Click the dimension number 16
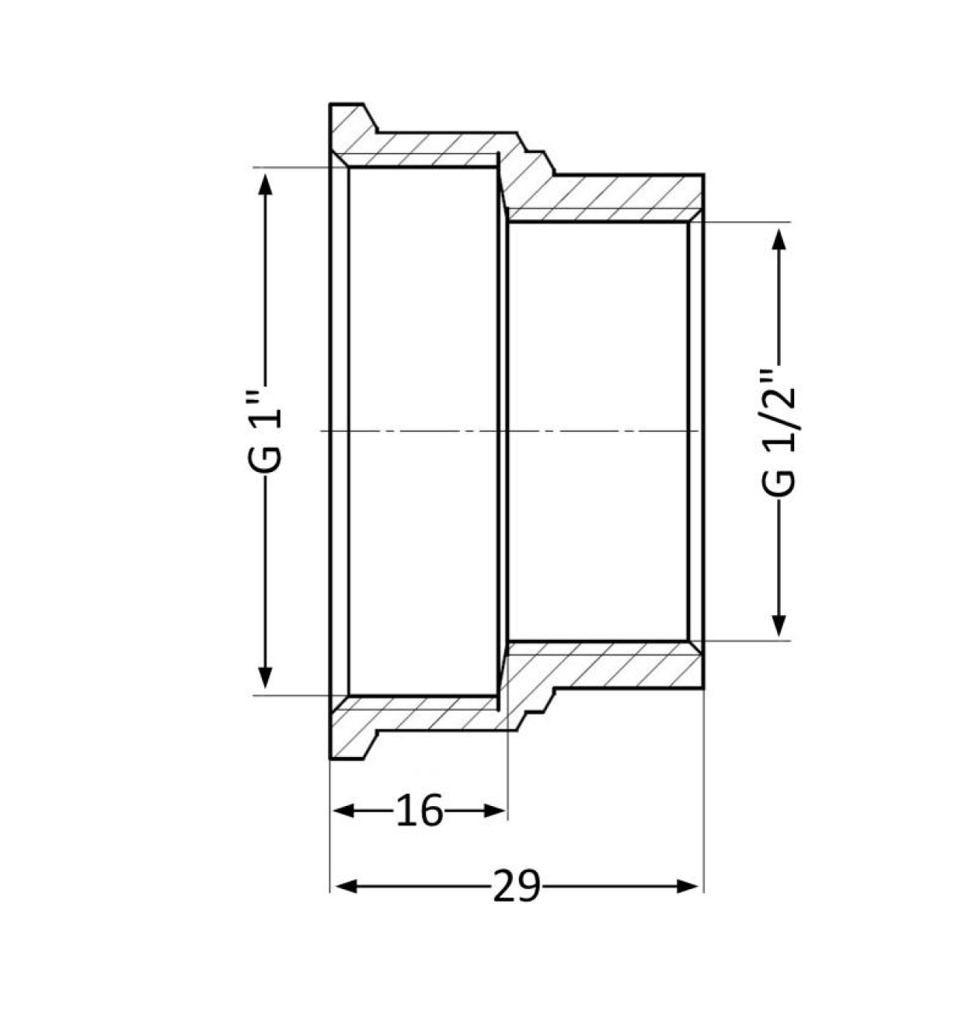[x=419, y=811]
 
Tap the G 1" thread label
[x=265, y=436]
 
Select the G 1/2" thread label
[x=778, y=433]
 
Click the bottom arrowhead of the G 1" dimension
[x=266, y=678]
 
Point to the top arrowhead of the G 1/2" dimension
[x=779, y=239]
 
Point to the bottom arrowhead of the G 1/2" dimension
[x=779, y=626]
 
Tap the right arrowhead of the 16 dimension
[x=495, y=811]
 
